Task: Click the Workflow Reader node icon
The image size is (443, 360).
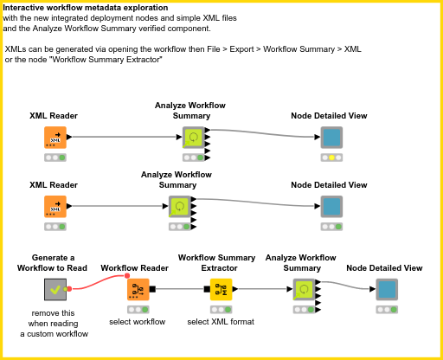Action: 137,290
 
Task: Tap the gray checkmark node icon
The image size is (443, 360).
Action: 55,290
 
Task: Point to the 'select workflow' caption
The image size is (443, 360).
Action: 137,322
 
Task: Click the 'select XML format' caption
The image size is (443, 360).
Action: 221,322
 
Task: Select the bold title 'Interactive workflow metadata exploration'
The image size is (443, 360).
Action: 74,8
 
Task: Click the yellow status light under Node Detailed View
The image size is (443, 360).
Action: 331,157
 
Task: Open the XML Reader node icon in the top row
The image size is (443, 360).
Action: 55,138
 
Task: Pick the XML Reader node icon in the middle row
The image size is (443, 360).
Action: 55,206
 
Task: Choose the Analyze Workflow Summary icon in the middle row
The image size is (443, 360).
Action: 178,206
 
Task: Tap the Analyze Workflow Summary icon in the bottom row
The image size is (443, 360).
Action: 304,290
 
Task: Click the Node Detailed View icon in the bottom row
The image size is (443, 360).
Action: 387,290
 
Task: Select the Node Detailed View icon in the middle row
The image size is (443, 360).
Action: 331,206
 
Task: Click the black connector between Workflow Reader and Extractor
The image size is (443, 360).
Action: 178,289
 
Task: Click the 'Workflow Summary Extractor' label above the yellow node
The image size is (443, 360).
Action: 216,262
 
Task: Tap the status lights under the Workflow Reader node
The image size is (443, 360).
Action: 137,309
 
